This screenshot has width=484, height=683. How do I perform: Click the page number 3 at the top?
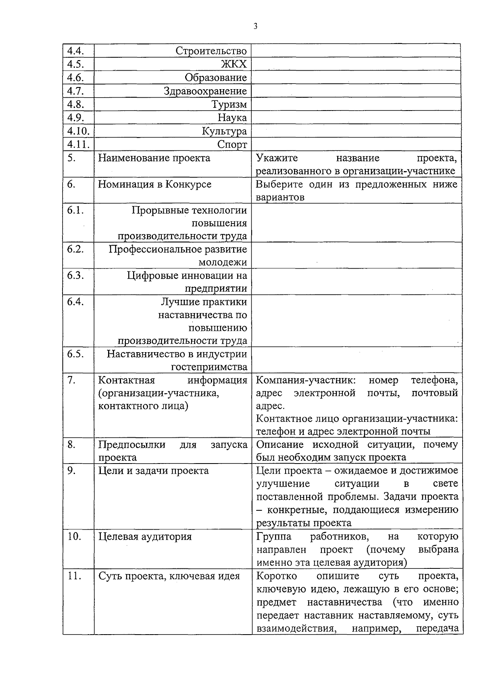[255, 27]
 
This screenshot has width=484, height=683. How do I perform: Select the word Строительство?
[211, 51]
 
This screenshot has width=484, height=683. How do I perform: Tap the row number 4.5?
[75, 64]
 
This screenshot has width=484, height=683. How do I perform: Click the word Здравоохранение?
[205, 91]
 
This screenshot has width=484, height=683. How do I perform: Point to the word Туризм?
[229, 104]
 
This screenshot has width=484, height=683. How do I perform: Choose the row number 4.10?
[78, 131]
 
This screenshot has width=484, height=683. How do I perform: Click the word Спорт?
[232, 144]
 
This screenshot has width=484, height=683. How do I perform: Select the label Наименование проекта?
[154, 158]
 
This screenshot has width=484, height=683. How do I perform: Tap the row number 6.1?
[75, 210]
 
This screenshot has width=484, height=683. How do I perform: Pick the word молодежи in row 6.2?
[223, 262]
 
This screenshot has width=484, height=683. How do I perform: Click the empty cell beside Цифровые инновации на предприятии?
[356, 282]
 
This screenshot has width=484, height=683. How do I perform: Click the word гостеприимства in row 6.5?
[209, 367]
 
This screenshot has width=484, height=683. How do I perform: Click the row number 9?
[71, 470]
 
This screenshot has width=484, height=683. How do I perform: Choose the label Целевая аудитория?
[145, 537]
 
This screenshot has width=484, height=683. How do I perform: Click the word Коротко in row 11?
[277, 576]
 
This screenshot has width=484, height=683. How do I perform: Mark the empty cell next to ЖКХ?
[356, 64]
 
